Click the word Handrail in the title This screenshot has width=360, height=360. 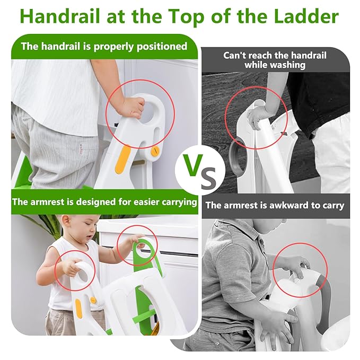pyautogui.click(x=60, y=16)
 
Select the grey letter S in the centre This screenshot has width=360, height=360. pyautogui.click(x=208, y=178)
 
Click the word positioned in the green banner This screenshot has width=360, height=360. pyautogui.click(x=162, y=47)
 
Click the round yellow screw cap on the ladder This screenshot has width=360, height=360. pyautogui.click(x=155, y=151)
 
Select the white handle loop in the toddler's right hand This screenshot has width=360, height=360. pyautogui.click(x=83, y=271)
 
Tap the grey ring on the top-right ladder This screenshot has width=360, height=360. pyautogui.click(x=234, y=158)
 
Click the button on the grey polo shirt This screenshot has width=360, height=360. pyautogui.click(x=261, y=242)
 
